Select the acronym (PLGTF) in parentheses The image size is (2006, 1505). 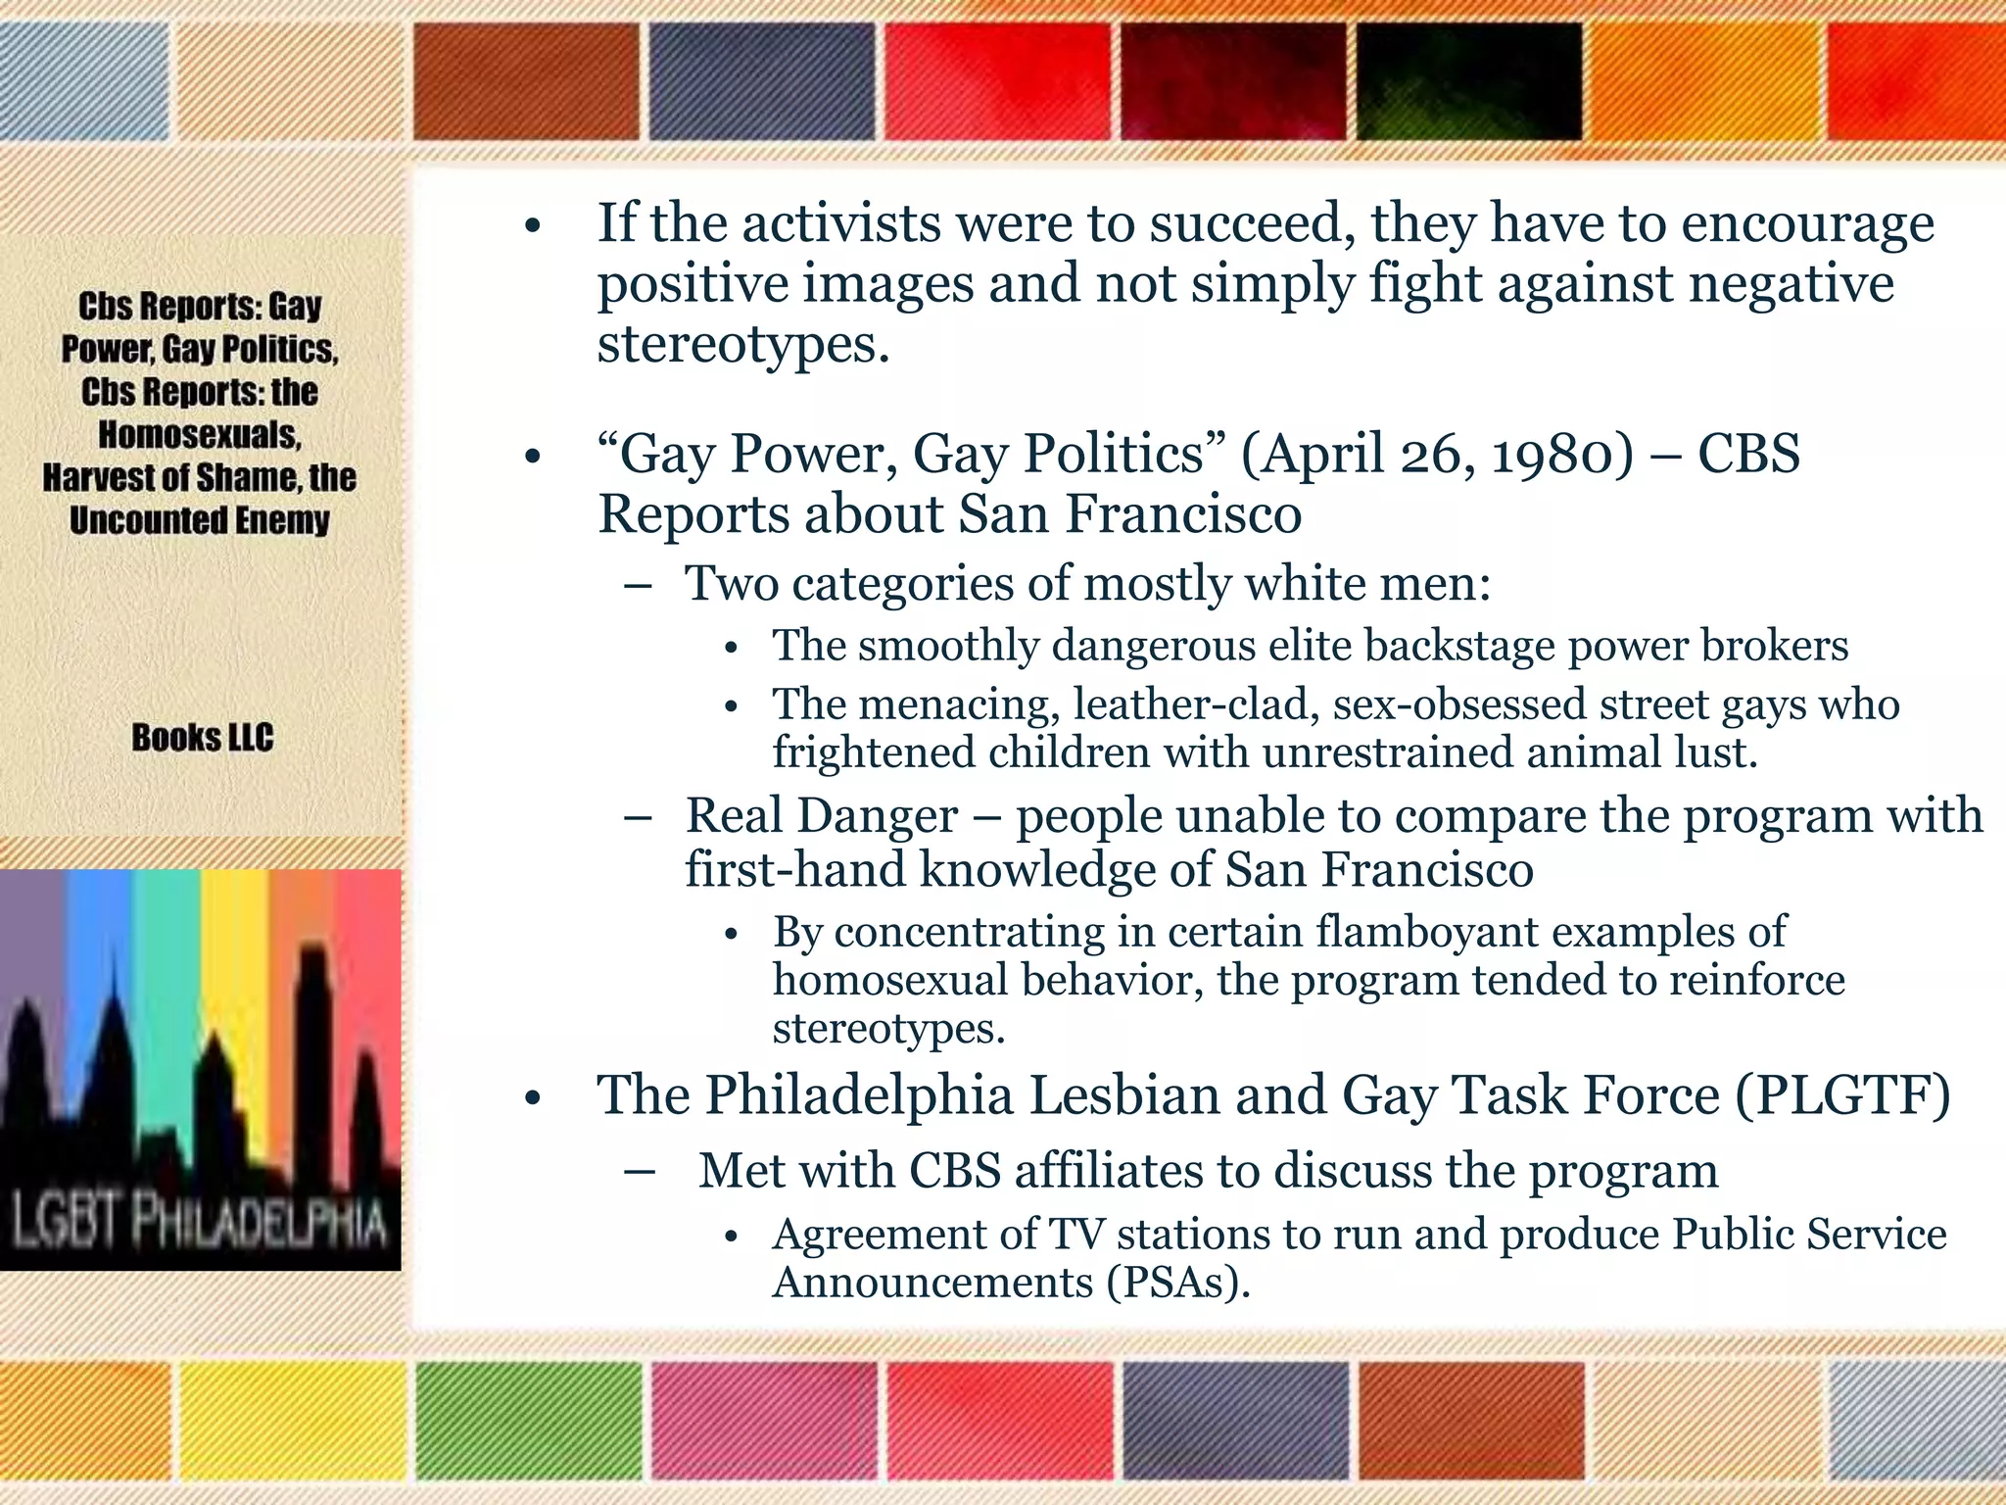[1841, 1094]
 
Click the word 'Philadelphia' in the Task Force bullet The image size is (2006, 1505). [859, 1094]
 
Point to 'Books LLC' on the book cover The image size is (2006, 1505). [202, 738]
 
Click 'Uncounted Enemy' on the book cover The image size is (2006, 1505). [199, 520]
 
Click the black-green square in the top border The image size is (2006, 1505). [1469, 81]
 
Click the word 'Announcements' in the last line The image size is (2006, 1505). [931, 1282]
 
